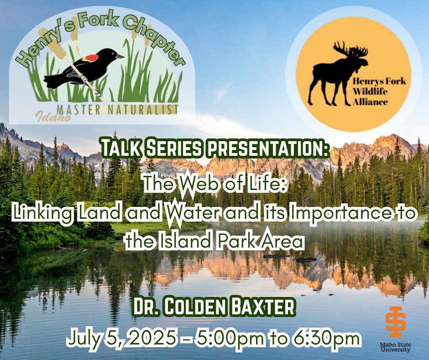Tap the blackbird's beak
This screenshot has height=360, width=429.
point(120,57)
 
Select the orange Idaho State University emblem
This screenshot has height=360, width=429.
point(395,322)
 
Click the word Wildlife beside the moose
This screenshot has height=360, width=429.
point(370,91)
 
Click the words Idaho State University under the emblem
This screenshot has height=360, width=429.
point(395,347)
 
